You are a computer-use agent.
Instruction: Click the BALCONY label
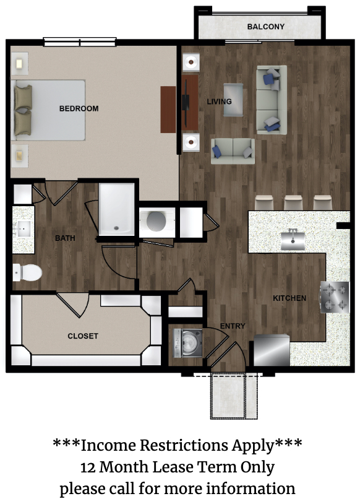265,27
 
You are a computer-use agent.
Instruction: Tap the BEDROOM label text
79,108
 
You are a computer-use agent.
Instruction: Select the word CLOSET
82,336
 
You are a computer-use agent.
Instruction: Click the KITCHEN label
289,298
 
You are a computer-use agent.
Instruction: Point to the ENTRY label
233,326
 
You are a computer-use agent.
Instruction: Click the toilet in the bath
27,272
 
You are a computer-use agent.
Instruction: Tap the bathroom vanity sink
24,229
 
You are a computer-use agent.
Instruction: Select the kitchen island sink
293,240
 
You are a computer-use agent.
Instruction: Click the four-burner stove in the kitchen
335,297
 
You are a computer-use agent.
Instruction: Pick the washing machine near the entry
188,343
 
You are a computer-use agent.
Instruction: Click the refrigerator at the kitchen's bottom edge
272,350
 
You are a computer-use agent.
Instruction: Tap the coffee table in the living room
233,100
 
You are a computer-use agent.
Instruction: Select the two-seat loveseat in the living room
233,151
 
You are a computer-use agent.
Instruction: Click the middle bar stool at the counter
293,202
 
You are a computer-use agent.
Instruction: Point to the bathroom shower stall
116,209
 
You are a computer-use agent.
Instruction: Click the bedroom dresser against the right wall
168,110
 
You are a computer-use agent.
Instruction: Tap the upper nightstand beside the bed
20,64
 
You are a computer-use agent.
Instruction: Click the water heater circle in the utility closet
156,221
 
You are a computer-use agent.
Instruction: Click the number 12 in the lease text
88,467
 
